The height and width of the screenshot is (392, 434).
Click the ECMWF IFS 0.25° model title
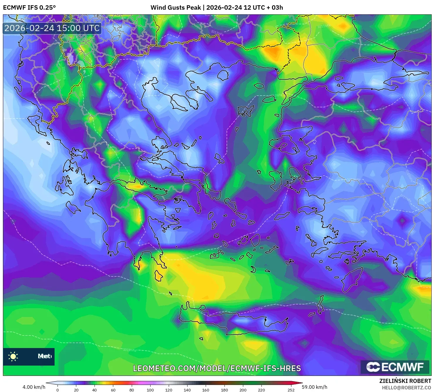point(29,8)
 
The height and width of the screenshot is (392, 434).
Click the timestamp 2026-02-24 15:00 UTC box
point(52,28)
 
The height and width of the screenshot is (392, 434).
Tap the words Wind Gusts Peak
point(175,8)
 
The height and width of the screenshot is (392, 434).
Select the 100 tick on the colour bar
point(150,390)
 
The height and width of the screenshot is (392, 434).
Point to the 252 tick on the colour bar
point(291,390)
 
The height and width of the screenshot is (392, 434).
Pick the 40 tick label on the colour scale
point(94,390)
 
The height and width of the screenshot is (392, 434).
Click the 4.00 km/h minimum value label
point(34,387)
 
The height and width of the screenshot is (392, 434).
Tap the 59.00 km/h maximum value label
point(314,387)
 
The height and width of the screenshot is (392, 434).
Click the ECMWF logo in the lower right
point(395,367)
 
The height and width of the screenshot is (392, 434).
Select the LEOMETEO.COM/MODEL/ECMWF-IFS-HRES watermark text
point(217,368)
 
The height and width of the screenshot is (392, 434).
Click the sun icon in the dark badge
point(13,357)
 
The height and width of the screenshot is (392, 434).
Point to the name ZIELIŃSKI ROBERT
point(405,381)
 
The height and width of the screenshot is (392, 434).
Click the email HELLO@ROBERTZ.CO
point(406,388)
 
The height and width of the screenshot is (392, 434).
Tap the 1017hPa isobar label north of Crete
point(256,310)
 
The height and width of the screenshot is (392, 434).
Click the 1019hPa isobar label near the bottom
point(129,350)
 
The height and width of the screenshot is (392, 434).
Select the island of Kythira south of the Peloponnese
point(159,275)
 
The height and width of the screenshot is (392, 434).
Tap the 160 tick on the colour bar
point(206,390)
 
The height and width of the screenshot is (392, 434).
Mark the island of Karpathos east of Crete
point(321,305)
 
